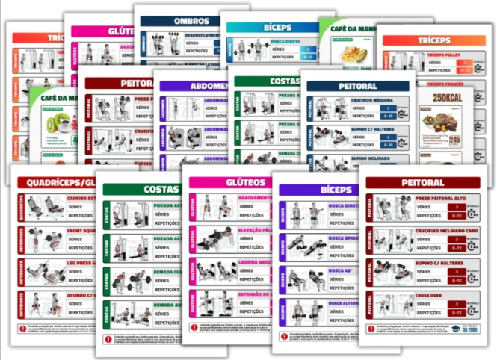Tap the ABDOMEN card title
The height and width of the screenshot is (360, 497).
tap(192, 85)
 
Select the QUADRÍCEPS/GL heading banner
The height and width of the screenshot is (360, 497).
tap(55, 183)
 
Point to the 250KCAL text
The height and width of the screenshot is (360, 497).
tap(445, 98)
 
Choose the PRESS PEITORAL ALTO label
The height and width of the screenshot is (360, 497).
tap(438, 199)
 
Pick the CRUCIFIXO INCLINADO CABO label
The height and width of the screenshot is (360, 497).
tap(443, 230)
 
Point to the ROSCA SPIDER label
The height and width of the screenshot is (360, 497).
tap(342, 238)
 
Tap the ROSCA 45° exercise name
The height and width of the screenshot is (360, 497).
tap(339, 270)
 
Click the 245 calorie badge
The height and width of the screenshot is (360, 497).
tap(454, 139)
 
